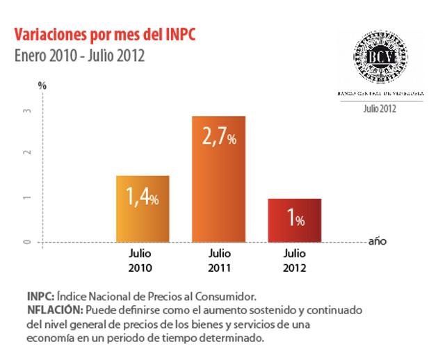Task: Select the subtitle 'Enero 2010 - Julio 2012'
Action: pos(79,56)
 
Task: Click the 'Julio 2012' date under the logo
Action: pos(380,108)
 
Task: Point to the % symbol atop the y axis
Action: pos(42,85)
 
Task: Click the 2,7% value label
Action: pos(219,138)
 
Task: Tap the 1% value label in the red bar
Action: pos(295,220)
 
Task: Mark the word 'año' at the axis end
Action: pos(377,242)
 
